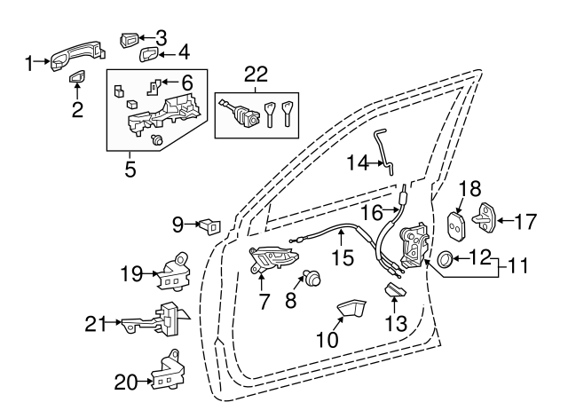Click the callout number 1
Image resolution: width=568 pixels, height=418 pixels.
[29, 62]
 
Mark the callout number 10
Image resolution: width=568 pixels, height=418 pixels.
[327, 339]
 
